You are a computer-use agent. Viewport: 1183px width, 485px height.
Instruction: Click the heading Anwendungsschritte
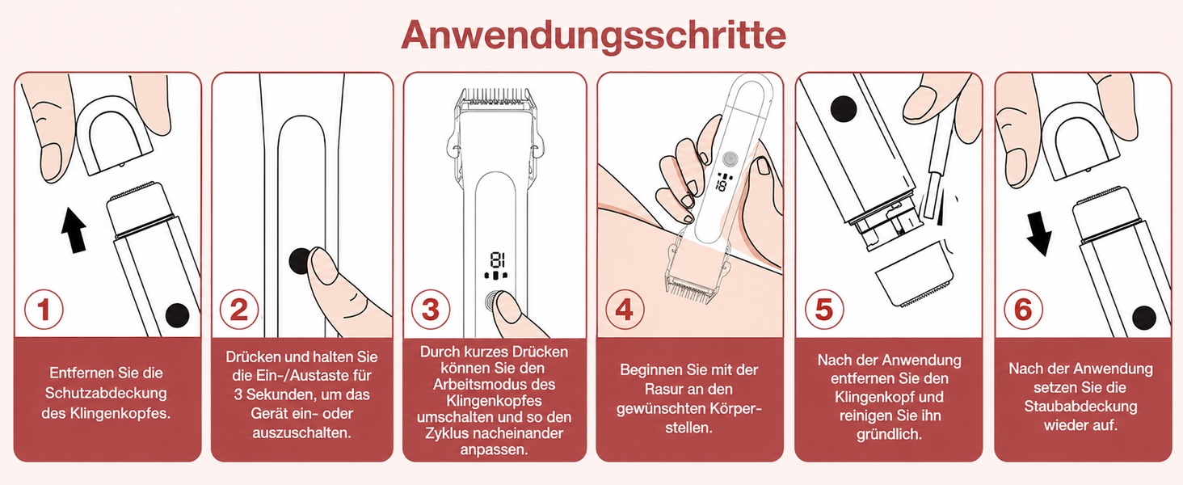593,35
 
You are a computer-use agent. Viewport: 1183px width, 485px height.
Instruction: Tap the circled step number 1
44,310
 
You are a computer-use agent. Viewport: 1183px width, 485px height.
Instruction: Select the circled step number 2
239,310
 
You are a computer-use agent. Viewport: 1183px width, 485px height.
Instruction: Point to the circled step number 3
431,310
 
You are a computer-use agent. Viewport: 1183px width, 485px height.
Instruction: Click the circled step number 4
625,310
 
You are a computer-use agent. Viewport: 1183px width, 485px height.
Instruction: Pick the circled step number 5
824,310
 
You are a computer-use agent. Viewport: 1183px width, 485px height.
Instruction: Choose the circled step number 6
1023,310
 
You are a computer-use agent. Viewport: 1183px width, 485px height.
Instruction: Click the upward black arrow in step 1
74,230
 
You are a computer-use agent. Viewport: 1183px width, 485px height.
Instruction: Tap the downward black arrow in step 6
1040,234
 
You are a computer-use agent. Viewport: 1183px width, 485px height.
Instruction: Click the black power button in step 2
301,260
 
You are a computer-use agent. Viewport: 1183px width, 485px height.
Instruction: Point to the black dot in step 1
177,316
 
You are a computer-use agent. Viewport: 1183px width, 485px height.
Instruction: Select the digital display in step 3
496,265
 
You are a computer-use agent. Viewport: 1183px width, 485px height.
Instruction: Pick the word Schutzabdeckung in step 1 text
106,394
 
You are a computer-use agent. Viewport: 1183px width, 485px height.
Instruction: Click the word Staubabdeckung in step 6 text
1080,407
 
